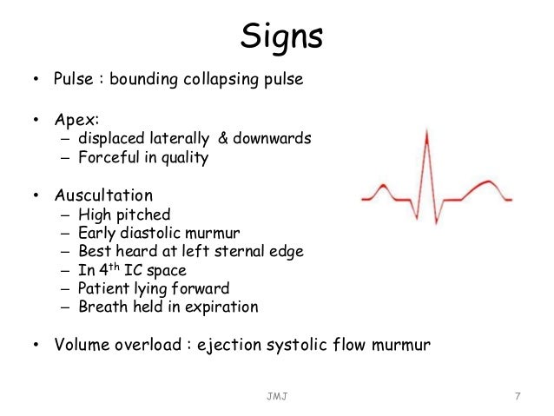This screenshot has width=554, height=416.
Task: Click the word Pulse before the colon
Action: point(73,82)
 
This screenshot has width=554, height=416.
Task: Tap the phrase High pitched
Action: point(124,215)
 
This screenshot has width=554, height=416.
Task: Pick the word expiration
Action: point(222,307)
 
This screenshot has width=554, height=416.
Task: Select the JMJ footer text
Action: point(279,397)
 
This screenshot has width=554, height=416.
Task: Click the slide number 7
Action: point(517,397)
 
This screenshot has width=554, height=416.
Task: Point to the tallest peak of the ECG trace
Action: point(425,131)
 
